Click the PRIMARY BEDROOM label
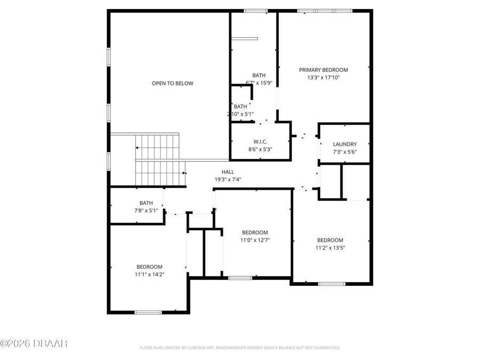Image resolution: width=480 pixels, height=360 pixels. point(323,70)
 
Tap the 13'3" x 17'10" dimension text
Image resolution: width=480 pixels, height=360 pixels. point(323,77)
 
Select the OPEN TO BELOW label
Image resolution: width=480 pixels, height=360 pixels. point(172,83)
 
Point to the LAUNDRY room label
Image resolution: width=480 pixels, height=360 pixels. point(345,145)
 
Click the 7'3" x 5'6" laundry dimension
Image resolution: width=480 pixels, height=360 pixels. point(345,152)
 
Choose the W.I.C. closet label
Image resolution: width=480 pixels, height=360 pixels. point(260,141)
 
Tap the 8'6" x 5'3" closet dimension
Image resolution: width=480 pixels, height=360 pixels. point(260,149)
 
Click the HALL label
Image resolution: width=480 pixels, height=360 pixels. point(228,172)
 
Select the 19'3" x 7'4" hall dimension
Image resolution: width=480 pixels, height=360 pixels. point(228,180)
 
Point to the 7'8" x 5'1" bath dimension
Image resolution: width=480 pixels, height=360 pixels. point(146,210)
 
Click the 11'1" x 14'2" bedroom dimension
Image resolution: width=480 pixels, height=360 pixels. point(149,274)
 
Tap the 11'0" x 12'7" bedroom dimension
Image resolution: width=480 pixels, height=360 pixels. point(255,240)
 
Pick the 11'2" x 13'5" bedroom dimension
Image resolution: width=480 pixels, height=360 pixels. point(330,247)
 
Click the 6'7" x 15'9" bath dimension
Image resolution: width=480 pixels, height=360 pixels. point(259,83)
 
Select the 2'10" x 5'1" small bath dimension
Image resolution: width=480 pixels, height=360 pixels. point(240,114)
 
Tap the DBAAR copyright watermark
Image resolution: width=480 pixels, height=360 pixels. point(34,343)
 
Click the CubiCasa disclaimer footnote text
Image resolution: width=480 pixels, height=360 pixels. point(239,348)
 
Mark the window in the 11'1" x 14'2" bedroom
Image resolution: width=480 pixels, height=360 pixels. point(148,312)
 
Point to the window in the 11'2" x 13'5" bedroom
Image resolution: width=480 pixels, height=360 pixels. point(332,284)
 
